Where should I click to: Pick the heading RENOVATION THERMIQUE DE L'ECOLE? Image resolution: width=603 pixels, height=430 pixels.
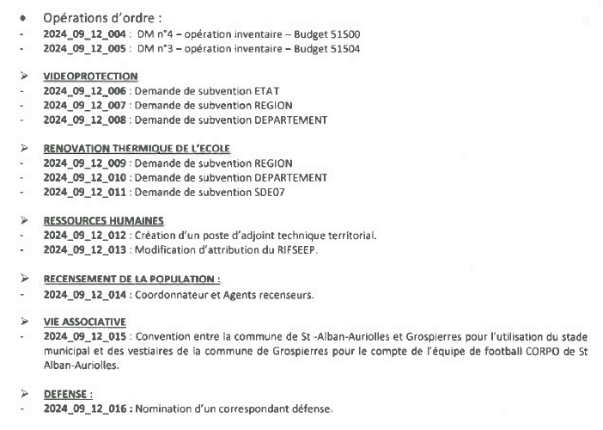137,149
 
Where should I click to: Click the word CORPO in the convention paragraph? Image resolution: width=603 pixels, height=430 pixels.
513,350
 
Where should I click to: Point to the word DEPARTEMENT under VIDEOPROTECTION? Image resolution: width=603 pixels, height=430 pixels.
284,119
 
